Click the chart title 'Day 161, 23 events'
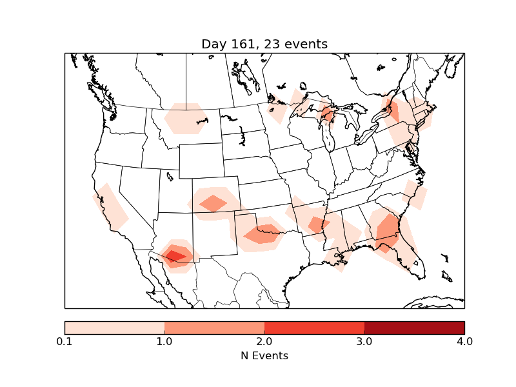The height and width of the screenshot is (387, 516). coord(264,44)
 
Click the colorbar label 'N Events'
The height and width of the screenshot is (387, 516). coord(264,355)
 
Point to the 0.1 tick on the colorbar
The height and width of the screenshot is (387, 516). coord(64,341)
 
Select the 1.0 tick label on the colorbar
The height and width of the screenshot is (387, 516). coord(164,341)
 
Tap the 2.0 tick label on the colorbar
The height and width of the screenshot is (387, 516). coord(264,341)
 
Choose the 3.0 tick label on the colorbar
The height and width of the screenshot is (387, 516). coord(364,341)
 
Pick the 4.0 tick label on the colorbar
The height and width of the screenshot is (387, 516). coord(464,341)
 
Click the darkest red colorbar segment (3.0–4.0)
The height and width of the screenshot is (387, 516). coord(414,327)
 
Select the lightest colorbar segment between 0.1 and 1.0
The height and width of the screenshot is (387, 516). coord(114,327)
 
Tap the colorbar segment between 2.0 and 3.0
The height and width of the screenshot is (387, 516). coord(314,327)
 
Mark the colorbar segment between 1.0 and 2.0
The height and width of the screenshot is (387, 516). coord(214,327)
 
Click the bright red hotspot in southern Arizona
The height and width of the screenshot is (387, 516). coord(175,255)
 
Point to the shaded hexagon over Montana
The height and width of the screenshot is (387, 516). coord(186,119)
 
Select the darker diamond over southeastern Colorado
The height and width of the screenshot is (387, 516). coord(213,203)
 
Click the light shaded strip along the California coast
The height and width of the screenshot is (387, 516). coord(110,206)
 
